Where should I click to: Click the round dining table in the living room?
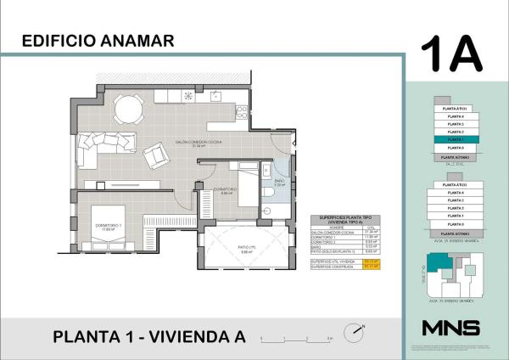tap(128, 108)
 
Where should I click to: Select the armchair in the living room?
tap(157, 155)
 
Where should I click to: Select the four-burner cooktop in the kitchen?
tap(242, 110)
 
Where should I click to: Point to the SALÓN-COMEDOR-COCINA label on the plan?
tap(200, 142)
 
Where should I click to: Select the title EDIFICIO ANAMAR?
tap(98, 40)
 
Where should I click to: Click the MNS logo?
tap(450, 328)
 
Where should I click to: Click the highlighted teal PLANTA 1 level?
tap(456, 139)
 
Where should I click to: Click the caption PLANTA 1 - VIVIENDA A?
tap(148, 336)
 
